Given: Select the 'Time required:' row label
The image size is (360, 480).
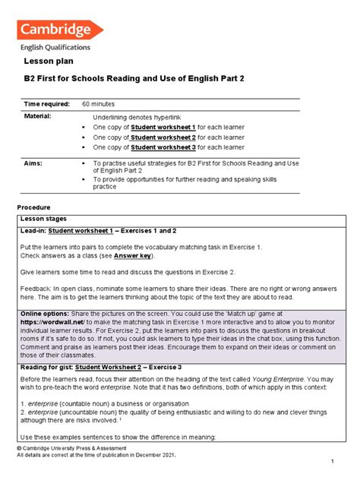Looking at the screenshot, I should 46,103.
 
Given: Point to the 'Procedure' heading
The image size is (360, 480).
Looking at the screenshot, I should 33,207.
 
